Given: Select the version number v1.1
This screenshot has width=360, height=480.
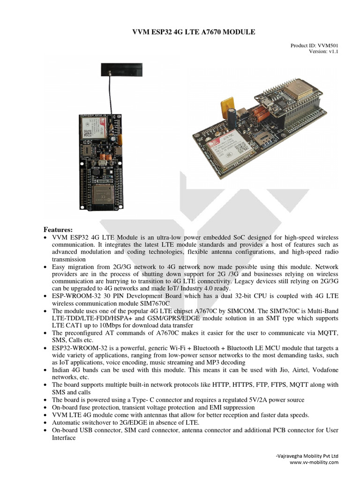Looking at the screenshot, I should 332,52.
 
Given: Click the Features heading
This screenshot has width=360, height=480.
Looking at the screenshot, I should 58,230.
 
